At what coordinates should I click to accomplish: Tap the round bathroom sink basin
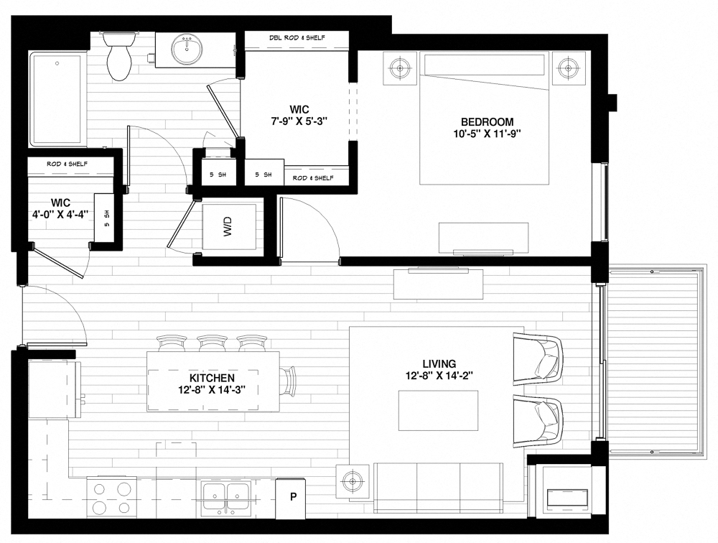[x=187, y=49]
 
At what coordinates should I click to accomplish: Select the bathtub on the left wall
[x=57, y=101]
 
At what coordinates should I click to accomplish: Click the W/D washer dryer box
[x=229, y=228]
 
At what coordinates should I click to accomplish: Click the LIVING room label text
[x=439, y=363]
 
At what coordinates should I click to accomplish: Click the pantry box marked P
[x=293, y=496]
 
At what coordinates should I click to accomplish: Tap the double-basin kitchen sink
[x=227, y=496]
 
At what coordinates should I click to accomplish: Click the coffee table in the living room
[x=438, y=410]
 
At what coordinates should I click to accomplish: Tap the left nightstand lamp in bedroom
[x=399, y=68]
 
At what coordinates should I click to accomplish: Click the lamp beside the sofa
[x=352, y=481]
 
